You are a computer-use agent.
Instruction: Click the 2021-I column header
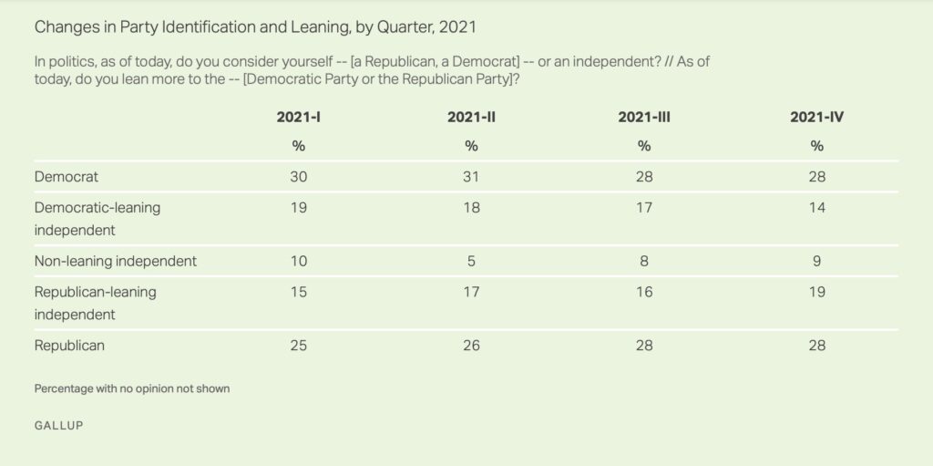[298, 117]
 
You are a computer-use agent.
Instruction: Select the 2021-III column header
[644, 117]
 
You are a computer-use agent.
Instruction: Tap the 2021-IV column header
[816, 117]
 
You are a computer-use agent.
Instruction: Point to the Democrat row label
[66, 177]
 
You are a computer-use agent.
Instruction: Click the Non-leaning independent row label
[116, 261]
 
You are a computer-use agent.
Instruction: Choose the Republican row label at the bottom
[69, 346]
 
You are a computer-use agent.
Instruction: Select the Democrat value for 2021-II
[471, 177]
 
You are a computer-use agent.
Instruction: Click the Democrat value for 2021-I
[298, 177]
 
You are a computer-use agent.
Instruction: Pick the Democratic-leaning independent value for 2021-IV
[816, 208]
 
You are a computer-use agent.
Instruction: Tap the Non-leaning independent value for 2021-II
[471, 261]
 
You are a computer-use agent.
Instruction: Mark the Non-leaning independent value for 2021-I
[298, 261]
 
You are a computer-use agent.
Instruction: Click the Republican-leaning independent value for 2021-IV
[816, 293]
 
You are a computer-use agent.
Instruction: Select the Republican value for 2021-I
[298, 346]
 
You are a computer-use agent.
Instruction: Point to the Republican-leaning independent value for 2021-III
[644, 293]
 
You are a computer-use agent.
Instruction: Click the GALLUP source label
[58, 425]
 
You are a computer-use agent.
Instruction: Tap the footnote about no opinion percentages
[132, 388]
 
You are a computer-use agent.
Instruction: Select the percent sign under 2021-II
[471, 146]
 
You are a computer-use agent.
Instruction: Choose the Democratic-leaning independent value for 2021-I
[298, 208]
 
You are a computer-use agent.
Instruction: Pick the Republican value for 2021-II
[471, 346]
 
